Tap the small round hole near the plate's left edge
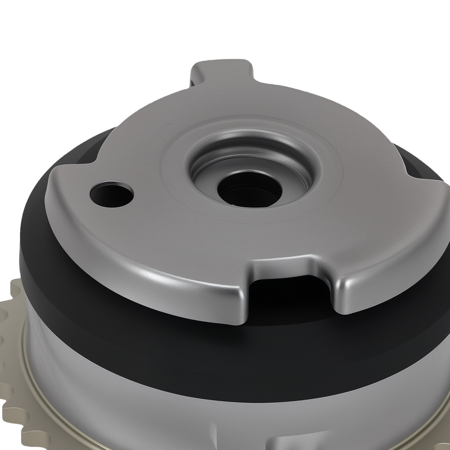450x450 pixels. pos(112,194)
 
